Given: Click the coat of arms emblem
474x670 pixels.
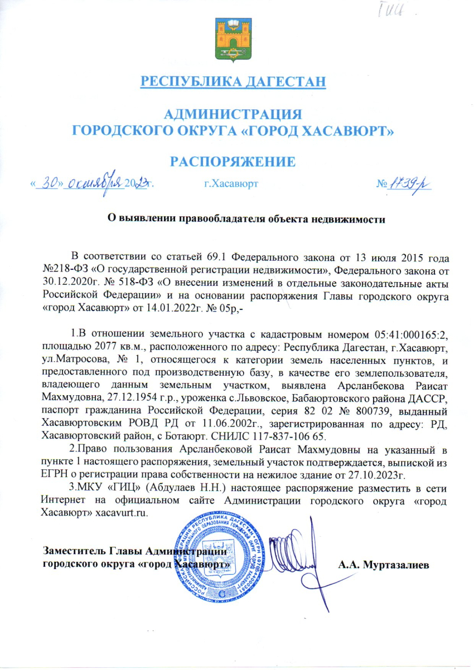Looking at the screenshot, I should (x=232, y=40).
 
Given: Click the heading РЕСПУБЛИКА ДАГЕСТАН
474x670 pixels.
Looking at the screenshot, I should (x=232, y=82).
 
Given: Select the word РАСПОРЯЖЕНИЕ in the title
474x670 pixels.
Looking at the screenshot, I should (x=232, y=162).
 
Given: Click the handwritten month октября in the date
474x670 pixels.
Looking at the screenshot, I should (x=94, y=182).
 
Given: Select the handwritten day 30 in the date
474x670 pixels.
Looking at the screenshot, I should (x=50, y=182).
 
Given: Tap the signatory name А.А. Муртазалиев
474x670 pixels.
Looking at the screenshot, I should (x=384, y=565).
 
